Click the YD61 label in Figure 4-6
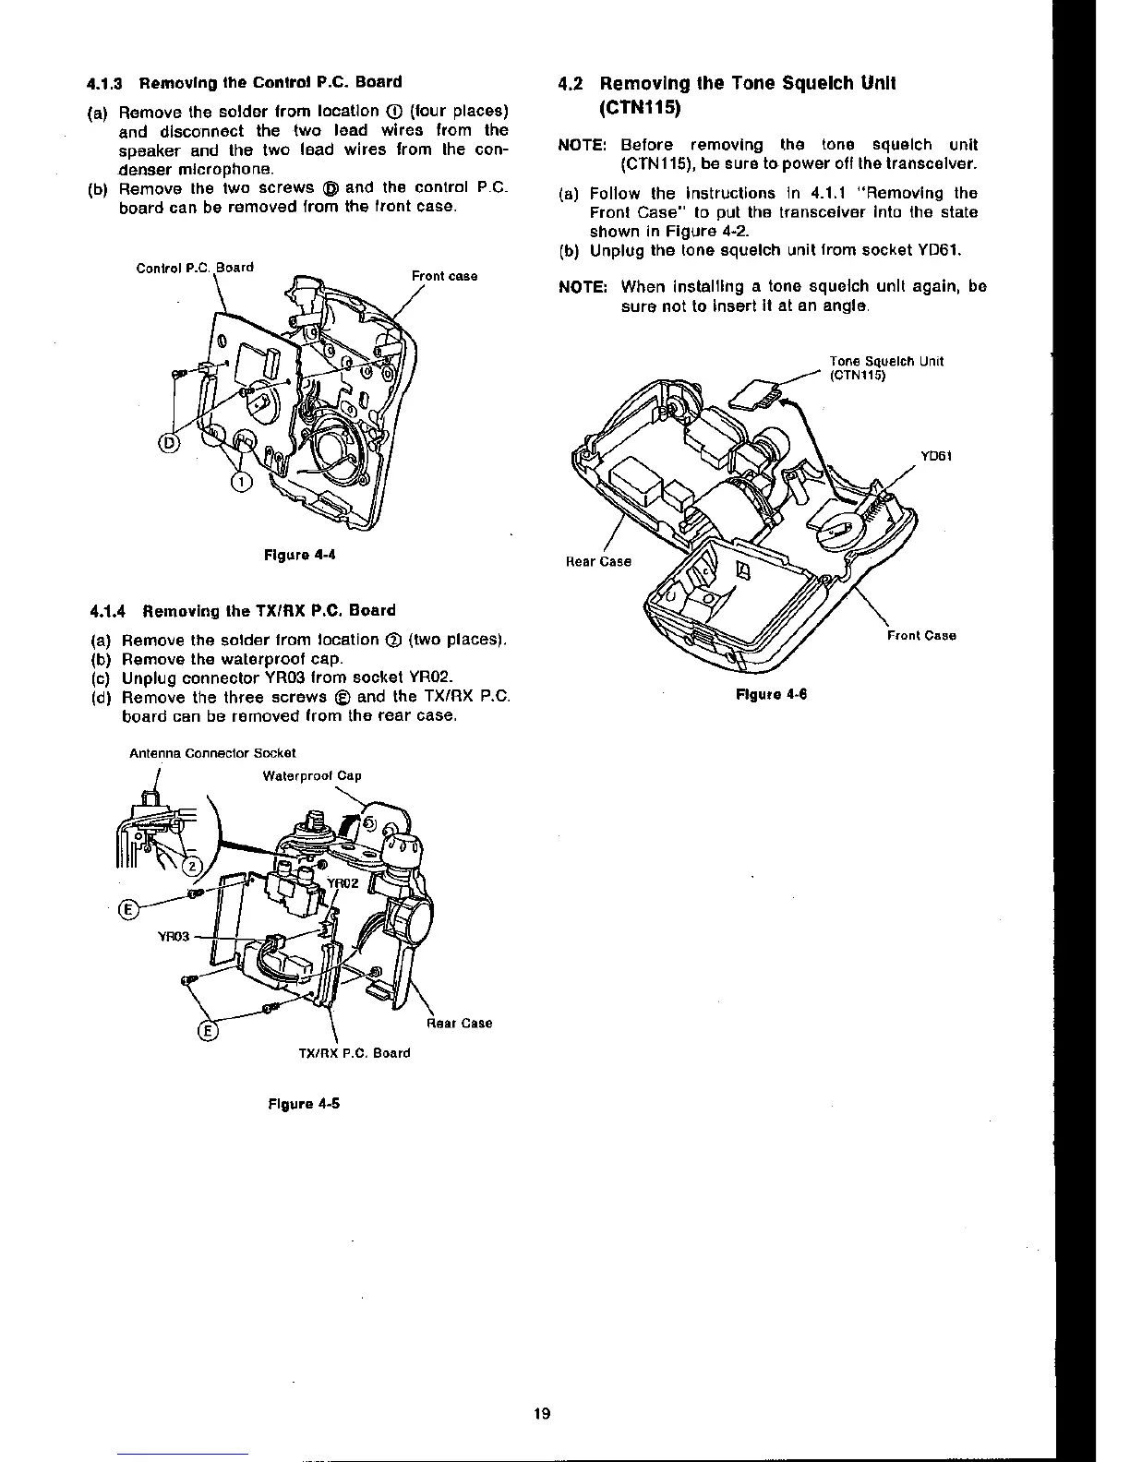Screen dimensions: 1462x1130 936,456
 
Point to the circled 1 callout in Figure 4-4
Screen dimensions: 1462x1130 239,481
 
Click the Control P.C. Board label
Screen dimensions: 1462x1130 195,269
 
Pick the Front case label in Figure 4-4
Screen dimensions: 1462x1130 444,276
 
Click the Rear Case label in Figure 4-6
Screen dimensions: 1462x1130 598,561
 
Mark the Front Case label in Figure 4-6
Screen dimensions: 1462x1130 921,635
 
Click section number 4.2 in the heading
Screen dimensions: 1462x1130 571,84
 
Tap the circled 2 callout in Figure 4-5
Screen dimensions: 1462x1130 191,865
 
